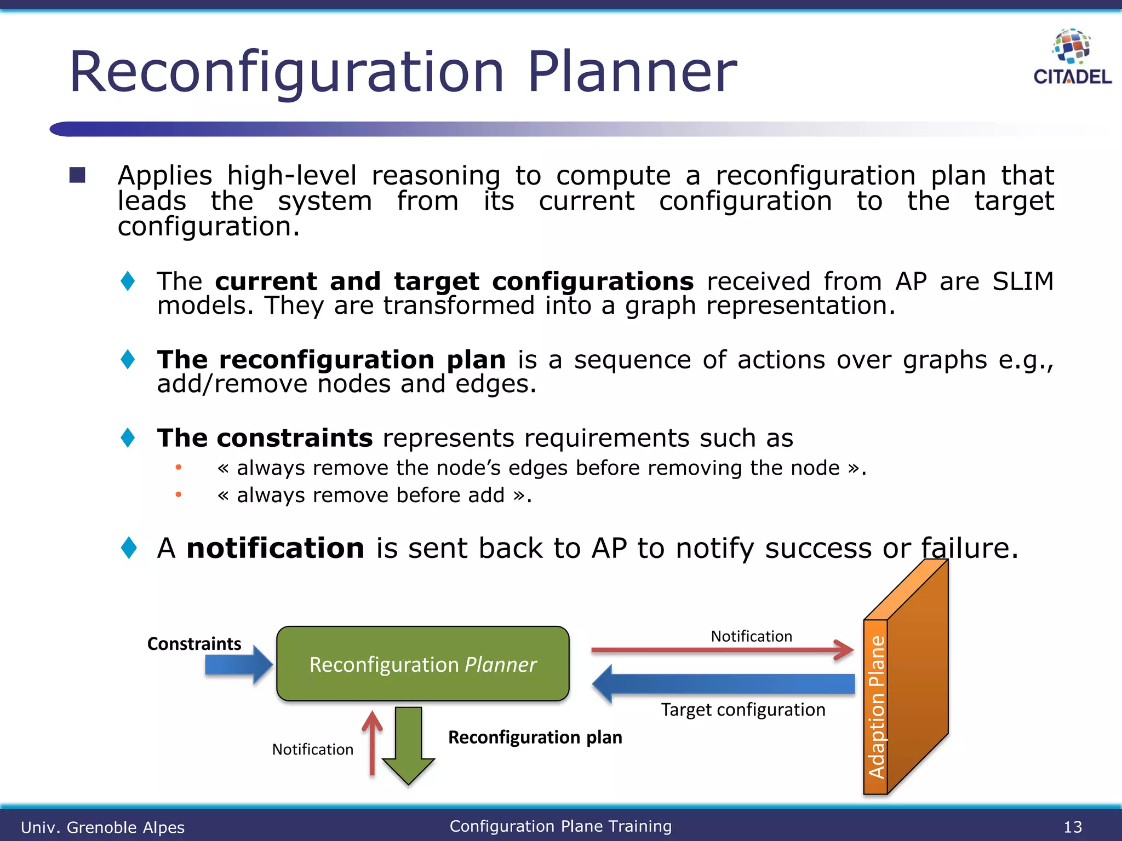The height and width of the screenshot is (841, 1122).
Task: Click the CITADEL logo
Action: [1072, 58]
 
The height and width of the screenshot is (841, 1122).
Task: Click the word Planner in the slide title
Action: [632, 72]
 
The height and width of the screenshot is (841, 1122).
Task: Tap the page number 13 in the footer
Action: [1073, 827]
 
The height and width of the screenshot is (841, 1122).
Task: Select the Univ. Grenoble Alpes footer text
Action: [102, 827]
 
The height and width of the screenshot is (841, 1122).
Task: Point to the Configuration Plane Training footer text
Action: [560, 826]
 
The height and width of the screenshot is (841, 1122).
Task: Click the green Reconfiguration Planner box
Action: [422, 664]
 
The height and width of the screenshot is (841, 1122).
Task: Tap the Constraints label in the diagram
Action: [194, 643]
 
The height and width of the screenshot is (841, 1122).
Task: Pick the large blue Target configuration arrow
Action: [723, 684]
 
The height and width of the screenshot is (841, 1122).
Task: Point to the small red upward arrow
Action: [372, 744]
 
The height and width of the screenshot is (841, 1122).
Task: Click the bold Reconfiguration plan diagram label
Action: [535, 737]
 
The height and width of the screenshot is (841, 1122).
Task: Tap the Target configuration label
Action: [743, 710]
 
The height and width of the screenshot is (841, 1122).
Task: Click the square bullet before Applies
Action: [77, 175]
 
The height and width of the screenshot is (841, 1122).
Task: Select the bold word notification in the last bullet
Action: [275, 548]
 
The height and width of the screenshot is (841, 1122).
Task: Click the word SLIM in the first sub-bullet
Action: [1022, 281]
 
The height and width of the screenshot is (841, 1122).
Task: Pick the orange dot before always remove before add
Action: [178, 495]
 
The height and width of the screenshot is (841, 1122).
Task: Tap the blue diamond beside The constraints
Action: [128, 437]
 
